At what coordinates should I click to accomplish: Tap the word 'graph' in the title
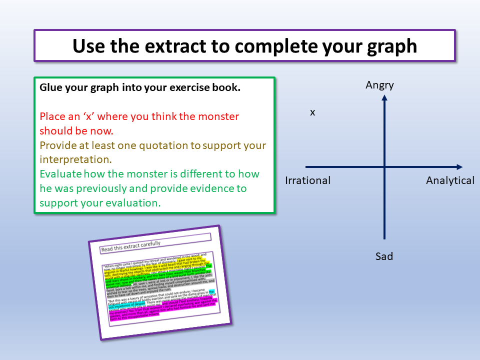[x=388, y=45]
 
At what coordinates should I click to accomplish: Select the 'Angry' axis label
[x=380, y=85]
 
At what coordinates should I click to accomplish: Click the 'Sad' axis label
[x=384, y=256]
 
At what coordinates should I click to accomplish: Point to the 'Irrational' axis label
[x=308, y=180]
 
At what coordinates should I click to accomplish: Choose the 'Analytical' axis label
[x=450, y=180]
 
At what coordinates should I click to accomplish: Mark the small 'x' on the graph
[x=312, y=112]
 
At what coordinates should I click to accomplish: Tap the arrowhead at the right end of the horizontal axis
[x=458, y=167]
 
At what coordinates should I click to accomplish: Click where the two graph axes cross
[x=384, y=167]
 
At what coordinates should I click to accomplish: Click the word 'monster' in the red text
[x=218, y=116]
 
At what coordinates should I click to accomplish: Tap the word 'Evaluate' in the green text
[x=60, y=174]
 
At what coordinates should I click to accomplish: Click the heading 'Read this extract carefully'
[x=131, y=244]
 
